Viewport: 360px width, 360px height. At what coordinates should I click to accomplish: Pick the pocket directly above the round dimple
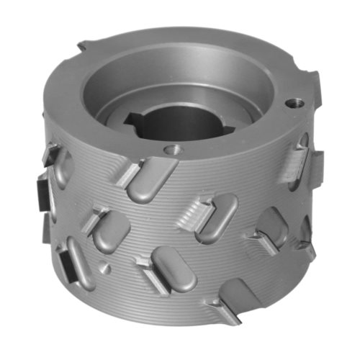(112, 230)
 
